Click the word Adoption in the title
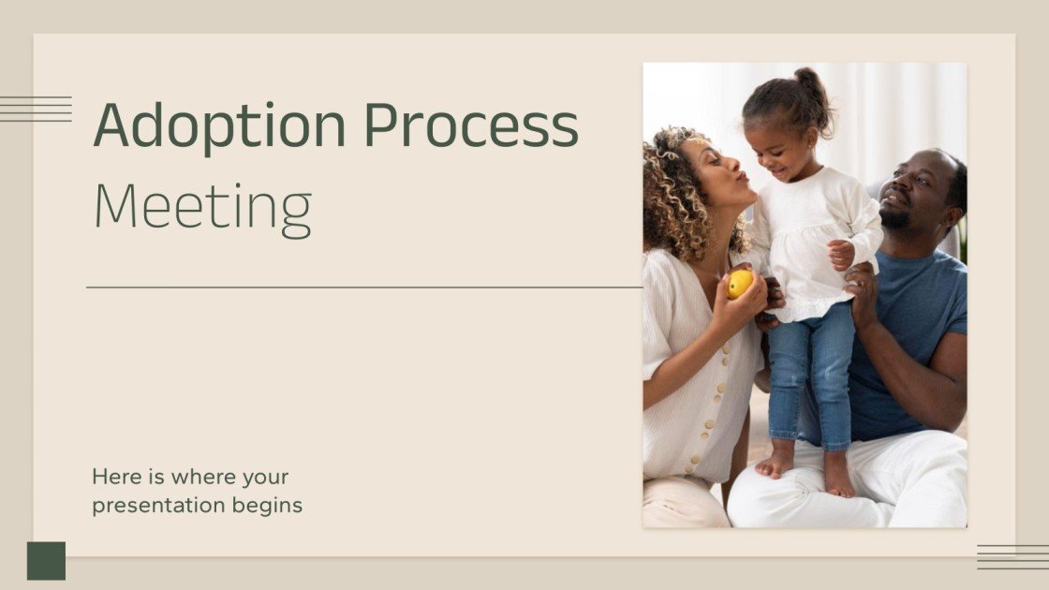pos(219,125)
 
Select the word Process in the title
pos(471,125)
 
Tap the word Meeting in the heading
pos(202,208)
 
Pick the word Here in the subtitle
pos(112,477)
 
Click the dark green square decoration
pos(46,560)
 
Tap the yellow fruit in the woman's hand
pos(740,283)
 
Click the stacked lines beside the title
pos(36,109)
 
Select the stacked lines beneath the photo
pos(1012,557)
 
